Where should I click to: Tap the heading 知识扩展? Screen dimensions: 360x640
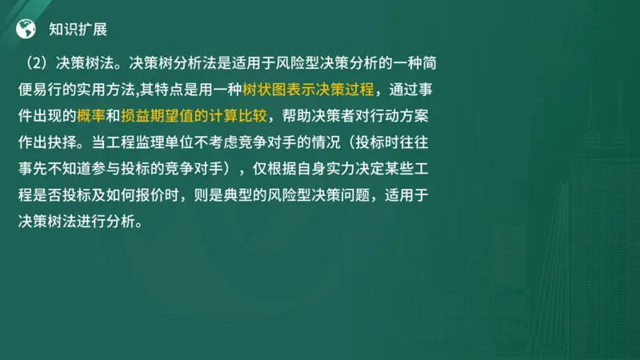[78, 30]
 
